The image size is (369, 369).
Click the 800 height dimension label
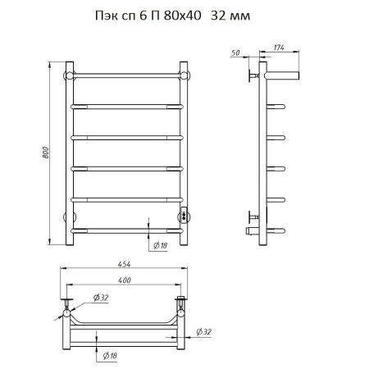pyautogui.click(x=46, y=153)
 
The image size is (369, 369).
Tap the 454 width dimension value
pyautogui.click(x=125, y=264)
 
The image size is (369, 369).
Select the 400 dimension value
pyautogui.click(x=125, y=280)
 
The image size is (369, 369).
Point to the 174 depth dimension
pyautogui.click(x=279, y=48)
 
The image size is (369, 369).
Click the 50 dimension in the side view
pyautogui.click(x=235, y=53)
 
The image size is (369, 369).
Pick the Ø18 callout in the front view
pyautogui.click(x=160, y=246)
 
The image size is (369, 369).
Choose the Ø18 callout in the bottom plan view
pyautogui.click(x=110, y=355)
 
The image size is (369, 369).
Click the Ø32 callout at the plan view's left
pyautogui.click(x=101, y=298)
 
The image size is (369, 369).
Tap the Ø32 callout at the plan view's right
pyautogui.click(x=204, y=332)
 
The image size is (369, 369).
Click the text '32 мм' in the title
pyautogui.click(x=230, y=16)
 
